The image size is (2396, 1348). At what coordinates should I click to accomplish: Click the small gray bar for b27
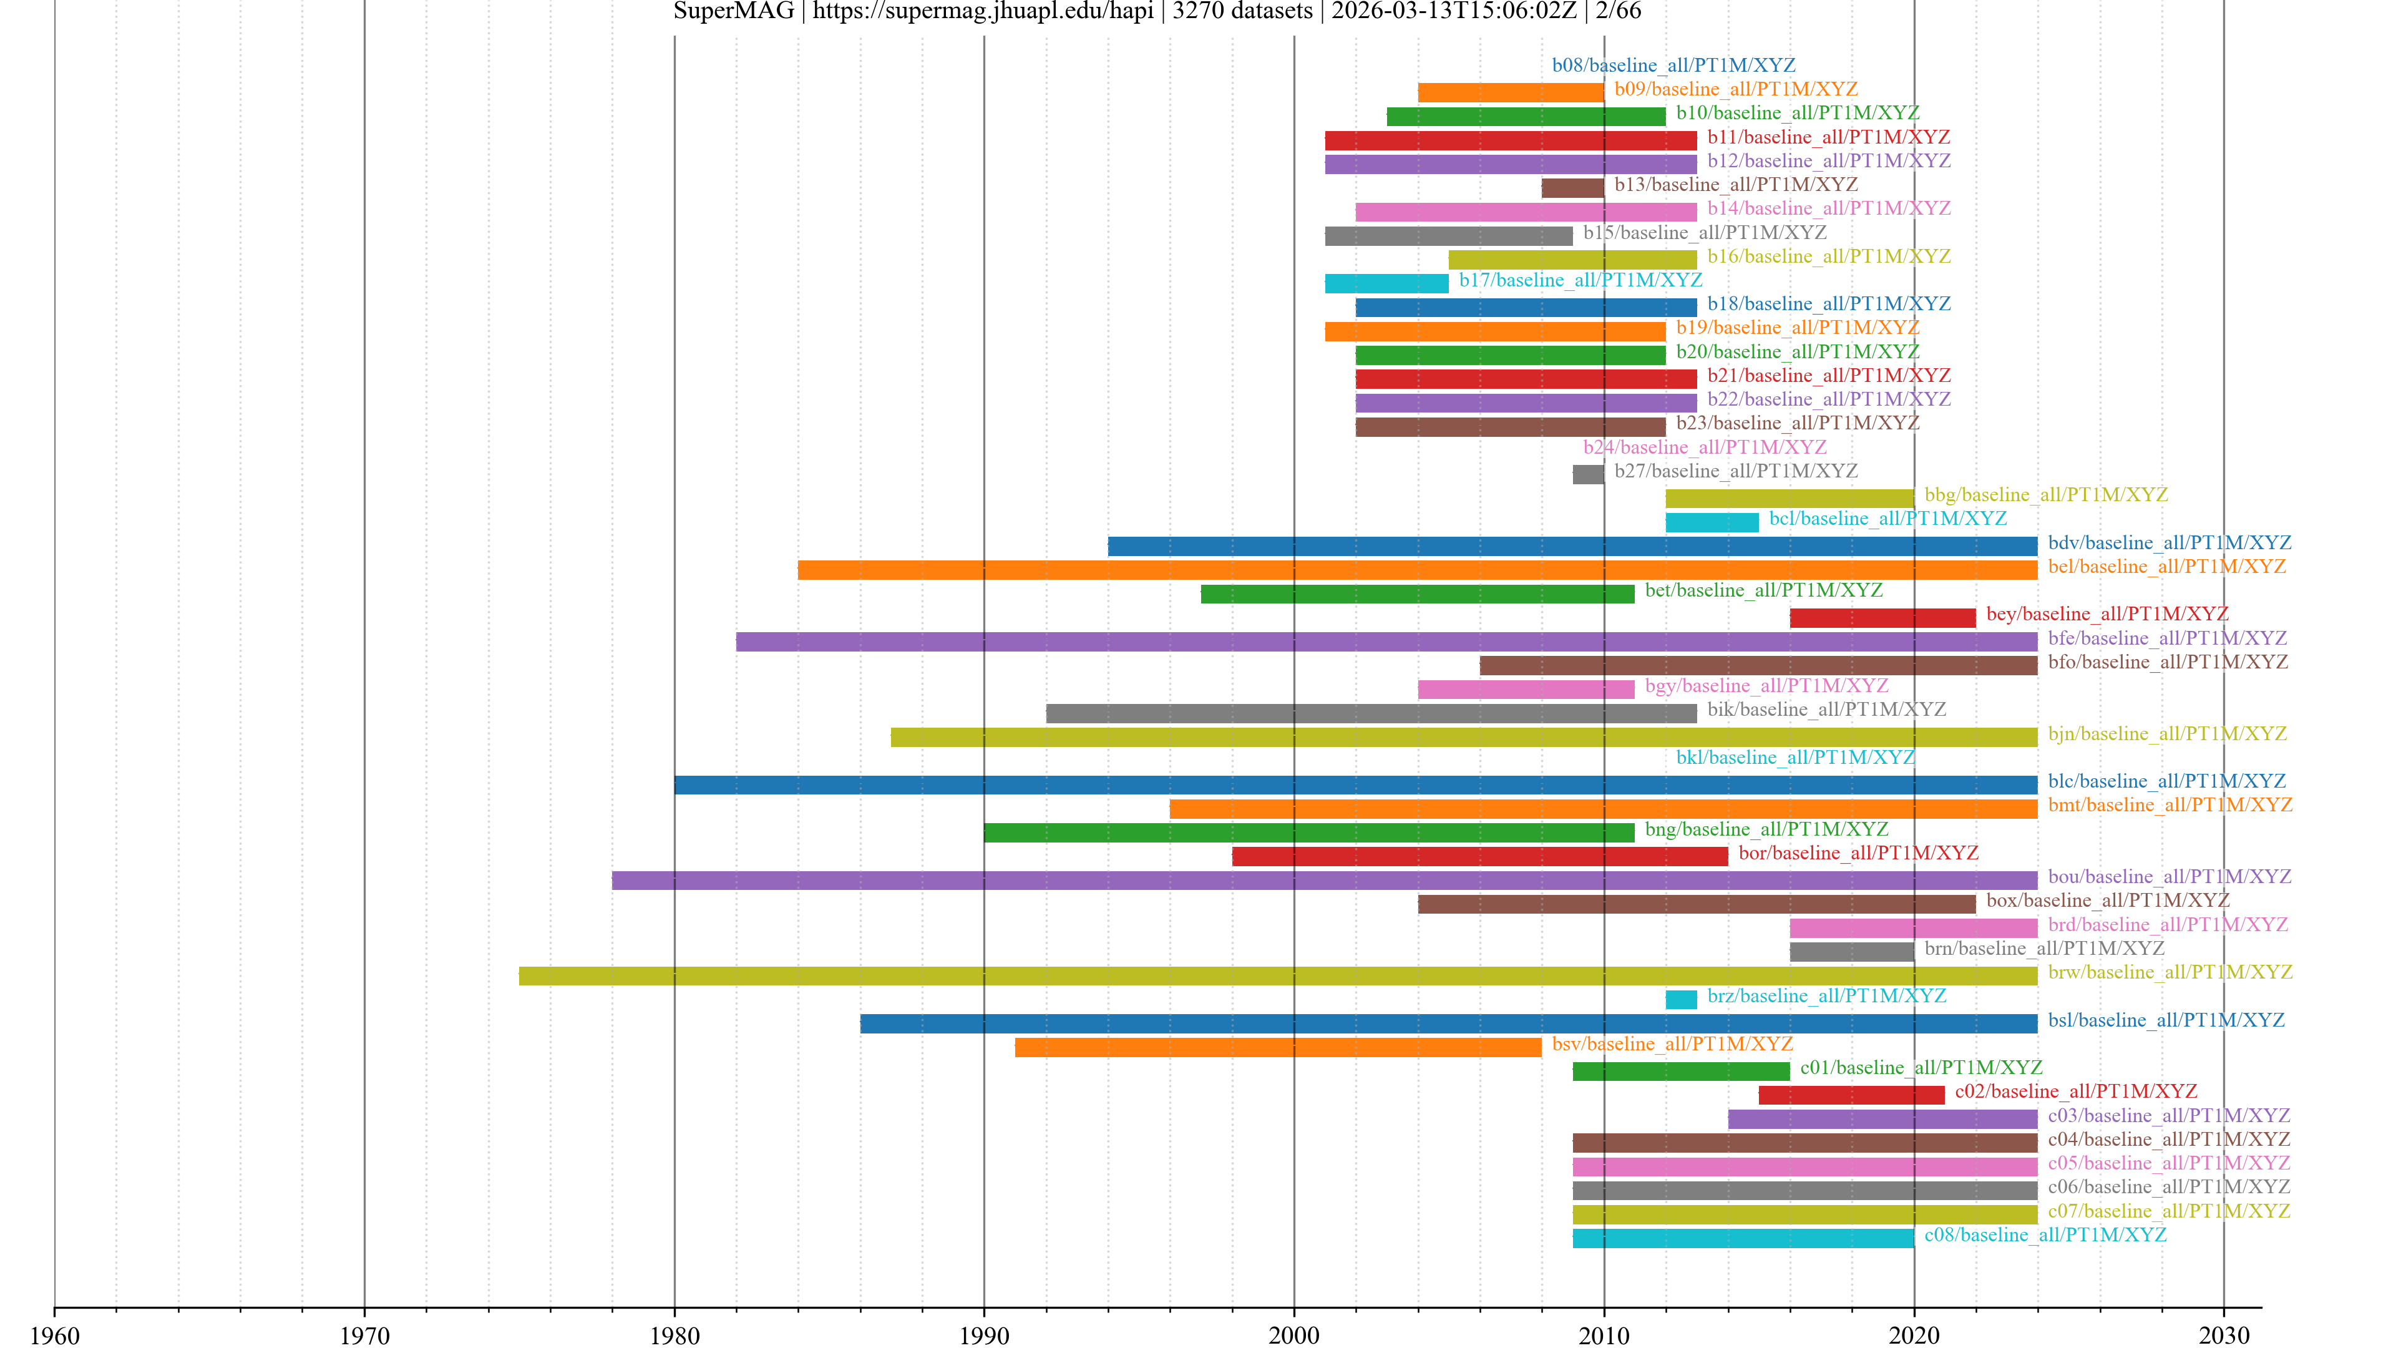(1588, 474)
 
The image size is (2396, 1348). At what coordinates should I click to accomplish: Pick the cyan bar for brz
(1681, 999)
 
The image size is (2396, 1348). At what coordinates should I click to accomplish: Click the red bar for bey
(1882, 618)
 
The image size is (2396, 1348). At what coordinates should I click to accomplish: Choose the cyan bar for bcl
(1712, 522)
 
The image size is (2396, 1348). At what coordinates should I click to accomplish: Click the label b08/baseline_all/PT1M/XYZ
(1673, 65)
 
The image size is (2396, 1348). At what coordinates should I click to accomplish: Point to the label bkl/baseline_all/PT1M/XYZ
(1795, 757)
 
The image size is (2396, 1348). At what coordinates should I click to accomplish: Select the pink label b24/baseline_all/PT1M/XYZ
(1705, 447)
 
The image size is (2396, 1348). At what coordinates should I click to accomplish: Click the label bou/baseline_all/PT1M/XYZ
(2169, 876)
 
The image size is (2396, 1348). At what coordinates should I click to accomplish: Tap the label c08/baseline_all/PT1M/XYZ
(2045, 1234)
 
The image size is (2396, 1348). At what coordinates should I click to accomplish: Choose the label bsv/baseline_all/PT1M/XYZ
(1672, 1044)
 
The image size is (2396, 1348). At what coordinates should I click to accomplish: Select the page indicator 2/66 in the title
(1619, 11)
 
